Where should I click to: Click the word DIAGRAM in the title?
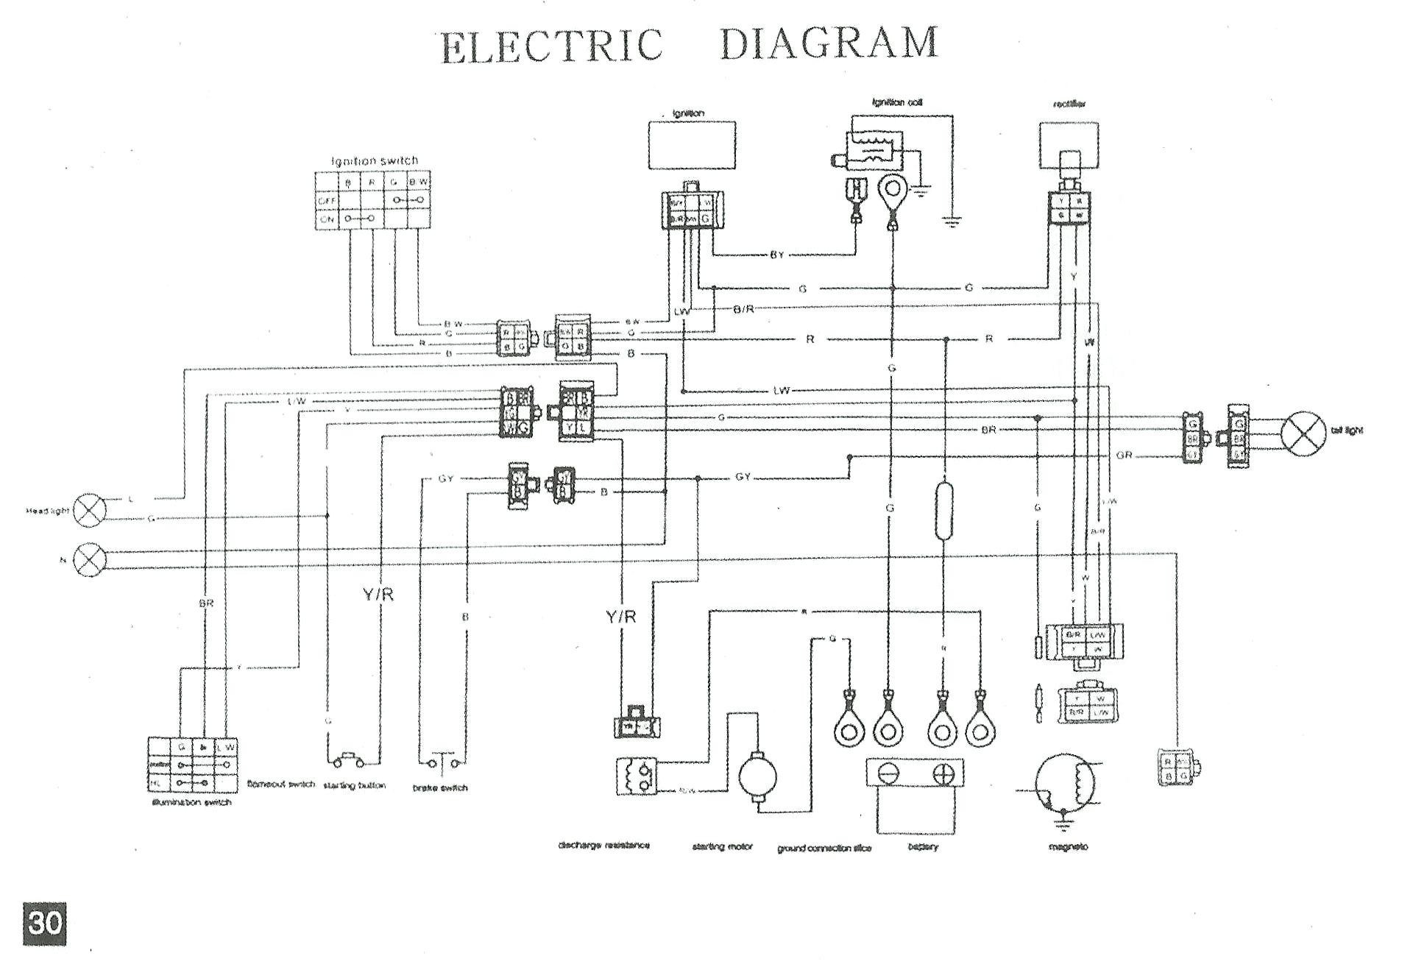point(829,43)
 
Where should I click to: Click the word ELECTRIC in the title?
point(552,46)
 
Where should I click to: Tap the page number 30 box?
point(44,923)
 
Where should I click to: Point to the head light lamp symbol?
point(91,510)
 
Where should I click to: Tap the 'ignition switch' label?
point(375,160)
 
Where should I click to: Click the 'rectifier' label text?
point(1069,105)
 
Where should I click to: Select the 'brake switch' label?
point(440,787)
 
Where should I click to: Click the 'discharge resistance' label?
point(604,845)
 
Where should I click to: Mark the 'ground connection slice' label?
point(824,848)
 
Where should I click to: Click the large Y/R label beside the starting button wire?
point(378,595)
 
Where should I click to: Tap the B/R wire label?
point(744,309)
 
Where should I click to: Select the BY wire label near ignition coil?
point(777,255)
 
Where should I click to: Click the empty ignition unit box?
point(692,145)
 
